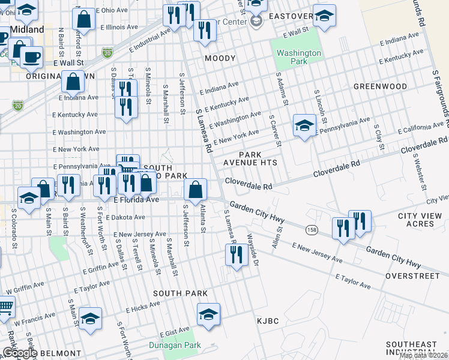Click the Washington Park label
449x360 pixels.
[x=299, y=57]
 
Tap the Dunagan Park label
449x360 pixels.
[x=175, y=345]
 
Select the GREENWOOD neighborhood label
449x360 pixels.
[x=380, y=86]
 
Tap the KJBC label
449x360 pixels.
[x=268, y=321]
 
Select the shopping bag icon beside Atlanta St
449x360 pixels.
[x=195, y=190]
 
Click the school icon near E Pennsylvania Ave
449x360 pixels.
[x=304, y=126]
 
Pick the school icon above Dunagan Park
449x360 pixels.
[x=208, y=314]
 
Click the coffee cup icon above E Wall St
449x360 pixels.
[x=31, y=58]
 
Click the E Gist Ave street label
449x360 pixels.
[x=174, y=333]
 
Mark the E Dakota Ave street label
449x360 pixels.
[x=125, y=217]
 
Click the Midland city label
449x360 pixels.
[x=26, y=29]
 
